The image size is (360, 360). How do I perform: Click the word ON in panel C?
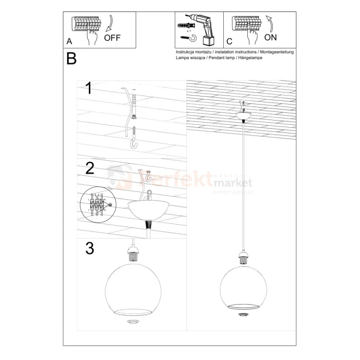click(270, 37)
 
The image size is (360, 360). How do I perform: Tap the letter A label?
click(70, 42)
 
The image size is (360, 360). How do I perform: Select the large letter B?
click(72, 59)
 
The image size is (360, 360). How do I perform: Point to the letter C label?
click(229, 42)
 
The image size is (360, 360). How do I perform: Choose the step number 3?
click(90, 248)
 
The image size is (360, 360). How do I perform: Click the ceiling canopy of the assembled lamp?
click(244, 116)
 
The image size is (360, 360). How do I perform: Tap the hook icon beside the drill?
click(184, 36)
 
